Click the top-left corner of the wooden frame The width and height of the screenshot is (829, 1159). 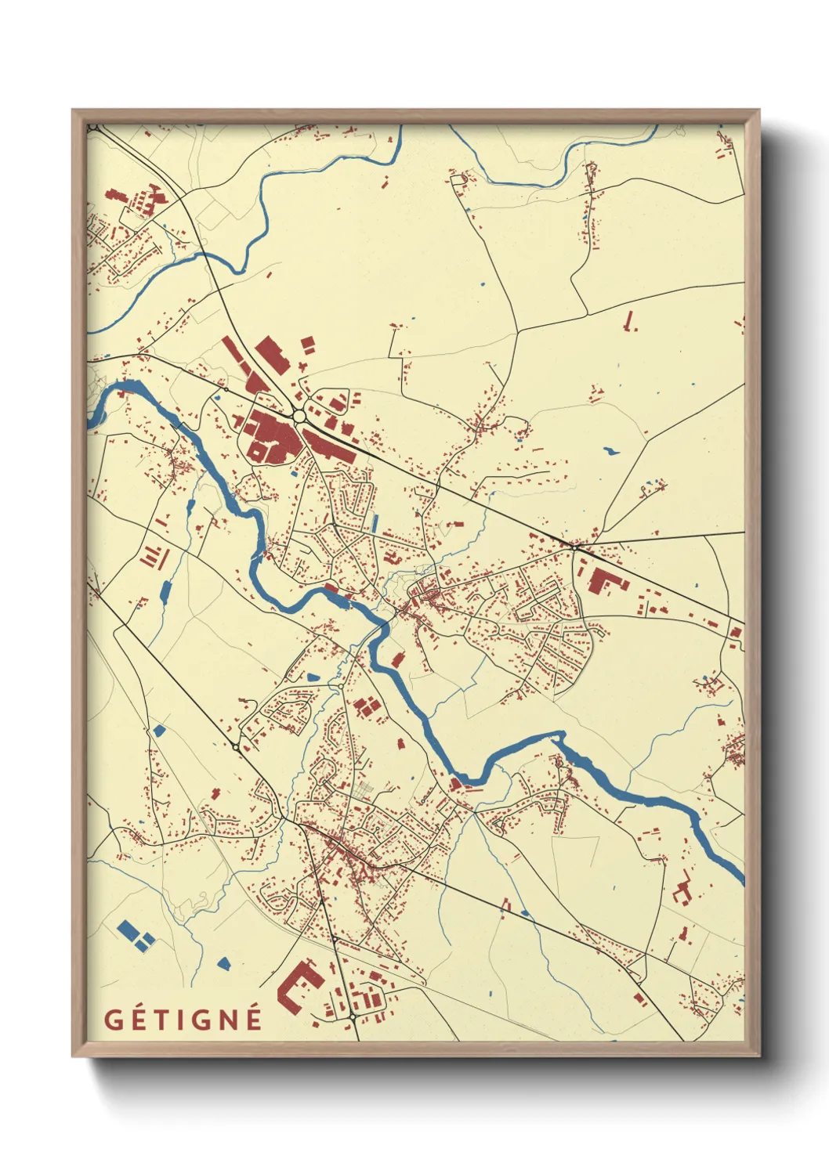click(x=73, y=110)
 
